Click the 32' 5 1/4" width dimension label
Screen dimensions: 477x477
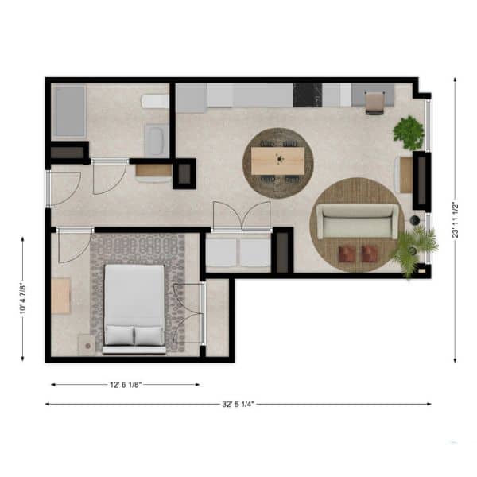click(x=238, y=405)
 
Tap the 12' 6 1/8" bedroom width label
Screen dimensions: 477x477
click(x=126, y=385)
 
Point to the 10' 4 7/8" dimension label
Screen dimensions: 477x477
click(x=23, y=299)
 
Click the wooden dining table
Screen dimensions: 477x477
click(x=277, y=161)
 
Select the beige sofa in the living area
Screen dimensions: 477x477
click(x=357, y=221)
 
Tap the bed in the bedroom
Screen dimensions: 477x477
click(x=134, y=308)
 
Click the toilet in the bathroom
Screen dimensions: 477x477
click(x=155, y=101)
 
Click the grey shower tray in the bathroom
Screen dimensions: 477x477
click(x=70, y=111)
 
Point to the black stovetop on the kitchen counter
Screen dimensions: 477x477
click(x=307, y=95)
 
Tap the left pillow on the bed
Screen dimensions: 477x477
click(x=119, y=335)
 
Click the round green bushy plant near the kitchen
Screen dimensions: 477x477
click(x=409, y=133)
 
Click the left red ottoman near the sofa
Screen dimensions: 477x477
click(x=347, y=254)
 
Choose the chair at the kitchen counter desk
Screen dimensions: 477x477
click(x=374, y=103)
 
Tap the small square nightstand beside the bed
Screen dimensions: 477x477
click(x=87, y=345)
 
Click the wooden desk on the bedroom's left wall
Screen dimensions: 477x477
click(x=60, y=296)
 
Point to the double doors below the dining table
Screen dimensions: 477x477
click(x=242, y=216)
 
